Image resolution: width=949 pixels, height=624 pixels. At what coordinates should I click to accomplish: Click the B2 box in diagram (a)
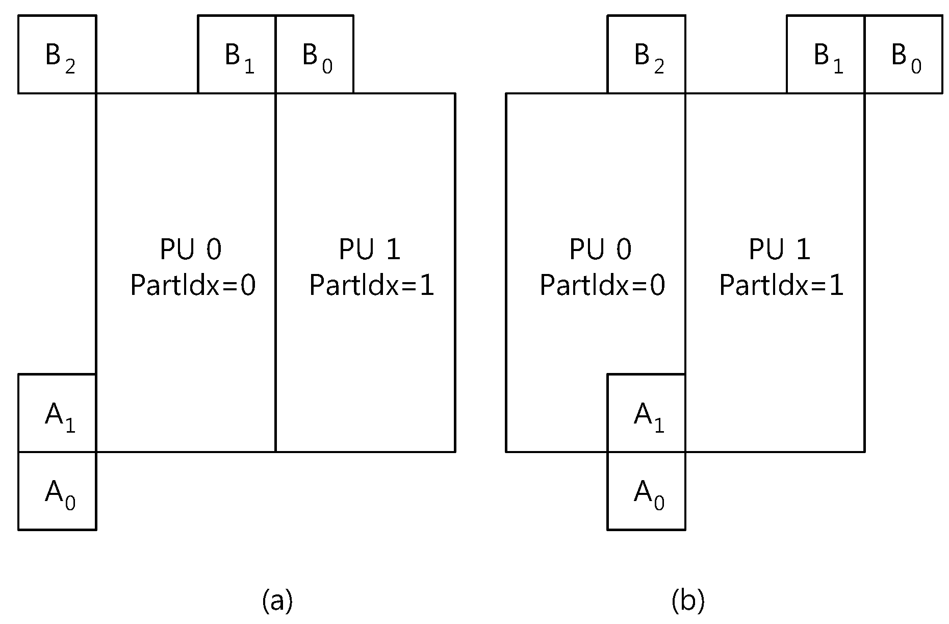57,54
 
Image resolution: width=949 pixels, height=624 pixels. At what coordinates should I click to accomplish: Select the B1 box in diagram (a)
237,54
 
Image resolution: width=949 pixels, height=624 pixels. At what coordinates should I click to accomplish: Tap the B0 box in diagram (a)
315,54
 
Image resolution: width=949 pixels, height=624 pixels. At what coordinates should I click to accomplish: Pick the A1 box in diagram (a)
57,413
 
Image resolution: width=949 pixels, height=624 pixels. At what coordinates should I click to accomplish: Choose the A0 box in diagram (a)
57,491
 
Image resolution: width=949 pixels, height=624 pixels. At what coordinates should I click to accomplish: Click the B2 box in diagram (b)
646,54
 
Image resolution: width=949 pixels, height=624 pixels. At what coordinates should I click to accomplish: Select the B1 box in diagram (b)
826,54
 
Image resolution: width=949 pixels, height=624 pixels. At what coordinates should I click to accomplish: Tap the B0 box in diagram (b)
904,54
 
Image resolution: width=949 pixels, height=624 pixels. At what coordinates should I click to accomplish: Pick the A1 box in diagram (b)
646,413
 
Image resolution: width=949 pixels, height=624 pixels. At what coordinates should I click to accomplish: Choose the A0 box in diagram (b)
646,491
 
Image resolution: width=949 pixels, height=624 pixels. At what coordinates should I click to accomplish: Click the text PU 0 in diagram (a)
191,249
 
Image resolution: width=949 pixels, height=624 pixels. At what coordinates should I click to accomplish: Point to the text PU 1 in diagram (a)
370,249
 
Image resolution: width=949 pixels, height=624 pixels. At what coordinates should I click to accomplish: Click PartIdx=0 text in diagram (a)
193,285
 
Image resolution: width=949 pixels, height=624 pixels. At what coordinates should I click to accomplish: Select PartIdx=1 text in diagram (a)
372,285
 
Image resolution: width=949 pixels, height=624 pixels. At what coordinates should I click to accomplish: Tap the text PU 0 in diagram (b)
600,249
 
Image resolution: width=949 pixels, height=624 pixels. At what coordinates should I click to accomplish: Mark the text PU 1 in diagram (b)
780,249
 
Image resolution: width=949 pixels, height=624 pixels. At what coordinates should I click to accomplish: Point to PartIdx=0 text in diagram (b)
602,285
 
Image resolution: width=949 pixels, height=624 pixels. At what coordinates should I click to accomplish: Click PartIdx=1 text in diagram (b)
782,285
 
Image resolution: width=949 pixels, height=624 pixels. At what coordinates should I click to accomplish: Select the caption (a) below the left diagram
277,601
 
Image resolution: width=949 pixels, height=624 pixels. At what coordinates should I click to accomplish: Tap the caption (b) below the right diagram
688,601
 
